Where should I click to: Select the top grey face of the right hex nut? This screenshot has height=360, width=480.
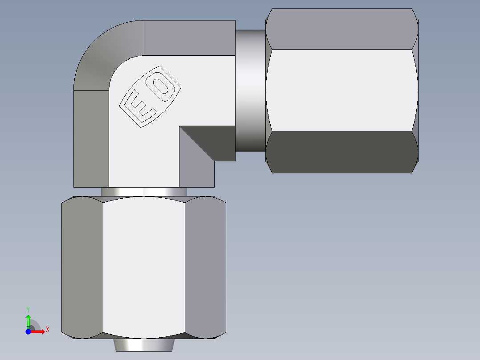(342, 29)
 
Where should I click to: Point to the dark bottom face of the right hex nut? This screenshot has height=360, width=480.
(342, 152)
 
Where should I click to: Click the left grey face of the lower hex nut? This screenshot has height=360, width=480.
(82, 267)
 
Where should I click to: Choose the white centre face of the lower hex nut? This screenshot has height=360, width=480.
(144, 267)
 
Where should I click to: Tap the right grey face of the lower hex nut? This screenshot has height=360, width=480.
(205, 267)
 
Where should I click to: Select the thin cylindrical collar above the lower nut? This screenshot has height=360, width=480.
(144, 192)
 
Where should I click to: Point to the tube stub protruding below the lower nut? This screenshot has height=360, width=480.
(144, 345)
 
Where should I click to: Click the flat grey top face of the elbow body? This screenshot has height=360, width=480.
(189, 37)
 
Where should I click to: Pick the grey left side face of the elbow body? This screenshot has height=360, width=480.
(91, 138)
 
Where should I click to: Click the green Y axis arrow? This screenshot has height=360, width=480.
(28, 319)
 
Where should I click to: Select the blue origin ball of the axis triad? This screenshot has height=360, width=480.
(28, 331)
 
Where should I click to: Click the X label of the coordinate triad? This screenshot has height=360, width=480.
(47, 330)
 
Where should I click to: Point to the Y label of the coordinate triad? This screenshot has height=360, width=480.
(28, 309)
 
